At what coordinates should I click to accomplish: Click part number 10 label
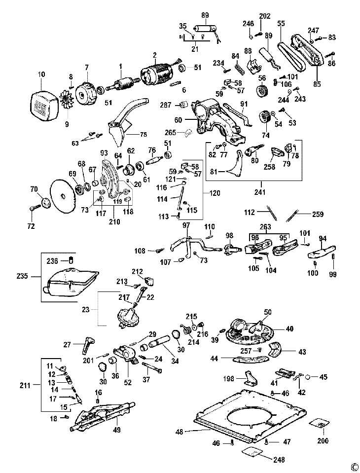pos(42,74)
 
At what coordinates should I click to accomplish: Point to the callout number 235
pos(22,276)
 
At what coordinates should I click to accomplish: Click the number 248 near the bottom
pos(279,459)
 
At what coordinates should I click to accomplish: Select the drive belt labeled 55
pos(292,54)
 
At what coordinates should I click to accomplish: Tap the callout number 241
pos(260,192)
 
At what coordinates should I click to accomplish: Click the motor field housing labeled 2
pos(156,74)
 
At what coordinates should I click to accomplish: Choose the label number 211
pos(25,385)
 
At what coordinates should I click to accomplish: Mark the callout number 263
pos(265,227)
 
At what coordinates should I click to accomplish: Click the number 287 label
pos(166,105)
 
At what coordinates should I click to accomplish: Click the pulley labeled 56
pos(261,91)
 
